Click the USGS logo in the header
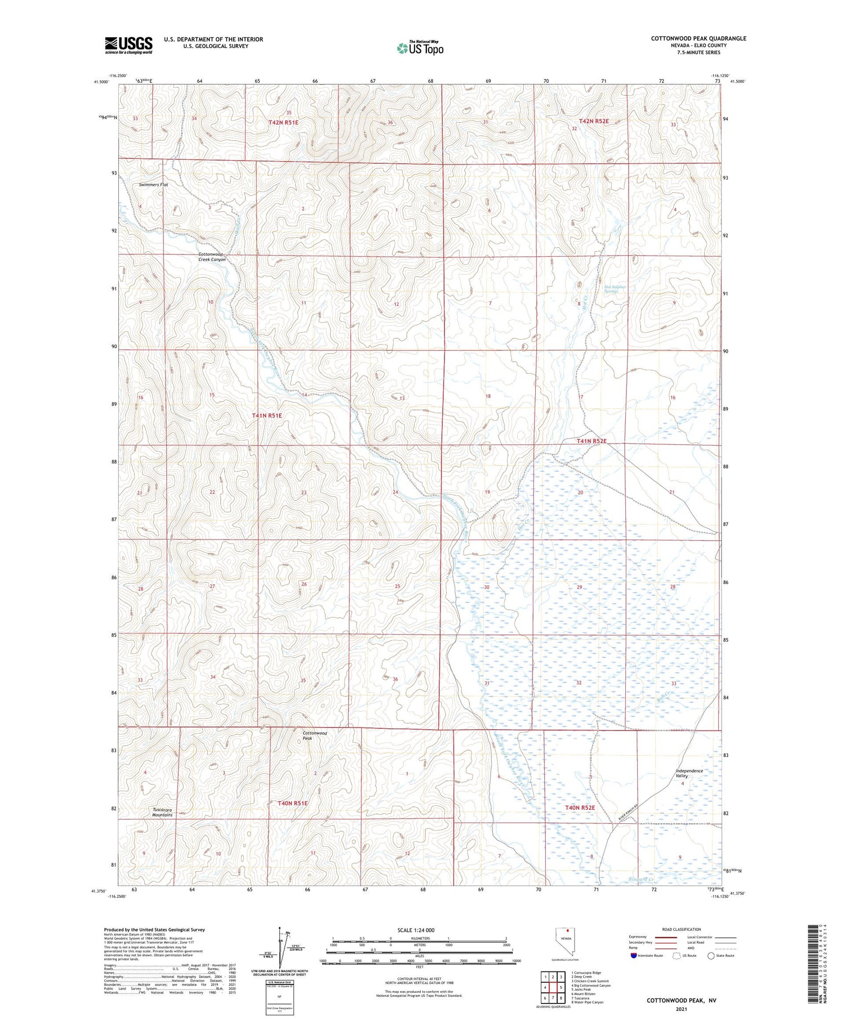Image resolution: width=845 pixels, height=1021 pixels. tap(128, 45)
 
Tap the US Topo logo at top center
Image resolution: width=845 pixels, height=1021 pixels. tap(420, 48)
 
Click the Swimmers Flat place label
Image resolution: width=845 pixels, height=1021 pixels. tap(154, 185)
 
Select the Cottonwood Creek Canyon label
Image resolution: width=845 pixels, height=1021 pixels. tap(212, 257)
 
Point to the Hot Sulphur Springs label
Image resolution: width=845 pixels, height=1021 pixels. tap(615, 289)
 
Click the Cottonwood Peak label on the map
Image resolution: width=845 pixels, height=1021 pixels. tap(315, 735)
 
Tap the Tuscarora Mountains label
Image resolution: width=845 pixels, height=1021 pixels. tap(162, 812)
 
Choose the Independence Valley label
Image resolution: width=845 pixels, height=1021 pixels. tap(690, 773)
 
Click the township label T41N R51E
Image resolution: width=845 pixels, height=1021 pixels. tap(266, 416)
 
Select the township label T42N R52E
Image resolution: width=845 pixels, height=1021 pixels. tap(594, 121)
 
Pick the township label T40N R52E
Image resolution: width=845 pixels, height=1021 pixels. tap(580, 808)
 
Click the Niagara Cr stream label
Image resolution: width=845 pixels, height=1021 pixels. tap(640, 879)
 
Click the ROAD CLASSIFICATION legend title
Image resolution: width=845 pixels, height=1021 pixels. tap(682, 929)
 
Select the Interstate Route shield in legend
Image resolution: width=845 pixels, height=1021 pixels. tap(634, 956)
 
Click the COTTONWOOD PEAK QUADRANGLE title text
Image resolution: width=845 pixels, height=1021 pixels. tap(699, 38)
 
